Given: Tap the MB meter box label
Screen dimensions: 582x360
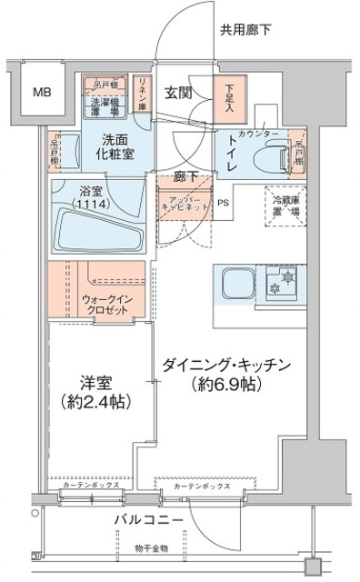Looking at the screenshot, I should pos(42,91).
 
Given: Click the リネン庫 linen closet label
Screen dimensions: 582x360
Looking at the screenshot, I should pos(143,94).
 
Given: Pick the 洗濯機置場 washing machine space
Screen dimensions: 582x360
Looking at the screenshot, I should pos(105,108).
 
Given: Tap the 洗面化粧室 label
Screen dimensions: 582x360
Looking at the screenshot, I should pos(117,148).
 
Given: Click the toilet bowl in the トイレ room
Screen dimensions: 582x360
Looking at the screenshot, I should pos(265,155).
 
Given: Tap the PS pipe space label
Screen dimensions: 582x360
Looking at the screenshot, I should pos(224,204).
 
